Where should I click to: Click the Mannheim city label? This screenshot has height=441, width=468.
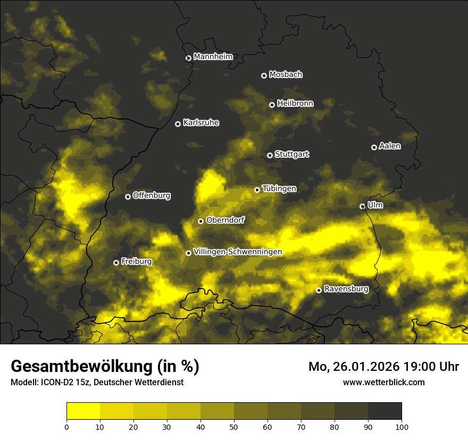(213, 57)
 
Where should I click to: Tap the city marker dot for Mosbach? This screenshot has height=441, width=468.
(264, 75)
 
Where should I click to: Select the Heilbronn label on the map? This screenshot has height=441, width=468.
(295, 104)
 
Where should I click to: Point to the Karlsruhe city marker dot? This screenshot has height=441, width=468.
(178, 124)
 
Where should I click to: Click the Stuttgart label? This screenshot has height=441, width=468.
(291, 154)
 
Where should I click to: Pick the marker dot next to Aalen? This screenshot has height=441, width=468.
(374, 147)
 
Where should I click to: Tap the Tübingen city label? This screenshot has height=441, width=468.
(279, 189)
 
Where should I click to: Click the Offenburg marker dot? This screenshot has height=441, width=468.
(128, 197)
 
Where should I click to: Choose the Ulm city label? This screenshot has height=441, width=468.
(375, 205)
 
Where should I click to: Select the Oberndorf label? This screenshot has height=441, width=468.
(225, 220)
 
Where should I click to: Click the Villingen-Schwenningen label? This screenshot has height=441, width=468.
(238, 252)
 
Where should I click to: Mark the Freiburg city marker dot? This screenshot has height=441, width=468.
(116, 262)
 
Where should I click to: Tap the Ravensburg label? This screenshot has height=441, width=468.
(346, 289)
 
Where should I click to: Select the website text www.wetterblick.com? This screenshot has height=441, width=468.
(384, 382)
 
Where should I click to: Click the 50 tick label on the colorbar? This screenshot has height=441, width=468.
(234, 426)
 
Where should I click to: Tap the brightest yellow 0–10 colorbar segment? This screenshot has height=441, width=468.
(83, 411)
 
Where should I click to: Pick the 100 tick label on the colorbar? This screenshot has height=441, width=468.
(402, 426)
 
